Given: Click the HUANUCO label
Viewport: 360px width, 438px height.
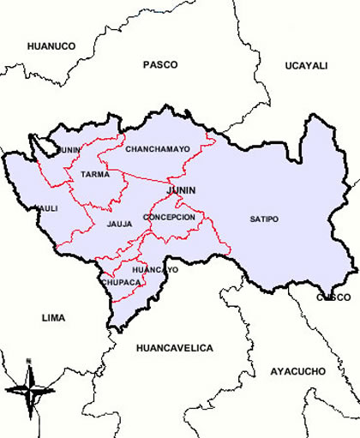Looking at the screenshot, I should click(51, 45).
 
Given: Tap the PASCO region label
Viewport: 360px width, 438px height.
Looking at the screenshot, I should click(160, 64).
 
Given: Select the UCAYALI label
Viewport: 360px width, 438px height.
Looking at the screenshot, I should click(306, 65).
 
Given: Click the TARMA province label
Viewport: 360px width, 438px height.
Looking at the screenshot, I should click(94, 174).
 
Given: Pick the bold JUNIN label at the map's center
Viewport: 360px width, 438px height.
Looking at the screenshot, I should click(182, 189).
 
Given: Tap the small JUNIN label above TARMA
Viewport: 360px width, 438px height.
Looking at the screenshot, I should click(70, 150).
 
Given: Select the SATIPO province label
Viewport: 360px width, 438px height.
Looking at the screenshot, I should click(264, 219).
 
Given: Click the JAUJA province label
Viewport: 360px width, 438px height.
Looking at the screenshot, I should click(119, 225).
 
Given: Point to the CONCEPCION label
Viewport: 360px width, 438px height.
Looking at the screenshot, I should click(169, 218).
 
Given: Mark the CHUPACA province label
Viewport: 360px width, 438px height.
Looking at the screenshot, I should click(119, 281).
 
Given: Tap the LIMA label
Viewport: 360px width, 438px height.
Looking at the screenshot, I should click(52, 317).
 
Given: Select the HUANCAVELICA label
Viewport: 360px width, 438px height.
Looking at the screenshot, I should click(174, 348).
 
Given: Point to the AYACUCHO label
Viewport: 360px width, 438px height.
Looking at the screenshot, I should click(297, 371).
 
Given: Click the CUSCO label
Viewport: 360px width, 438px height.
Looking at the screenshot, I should click(333, 297).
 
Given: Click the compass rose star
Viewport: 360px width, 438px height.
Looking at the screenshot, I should click(29, 387).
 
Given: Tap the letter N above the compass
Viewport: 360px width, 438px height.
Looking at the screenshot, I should click(28, 359).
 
